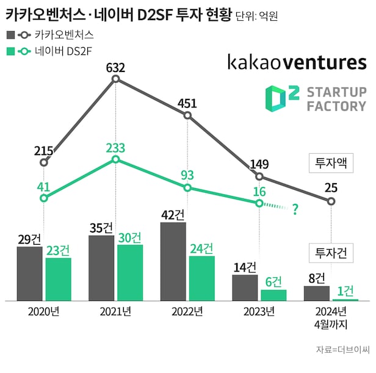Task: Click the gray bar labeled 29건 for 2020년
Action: pos(30,273)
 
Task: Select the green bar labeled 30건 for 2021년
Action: pos(130,272)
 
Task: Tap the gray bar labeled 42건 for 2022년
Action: pos(173,261)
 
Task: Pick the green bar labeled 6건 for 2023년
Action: pos(273,295)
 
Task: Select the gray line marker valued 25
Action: pos(331,201)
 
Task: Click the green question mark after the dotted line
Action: pos(295,211)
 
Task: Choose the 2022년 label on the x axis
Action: pos(187,311)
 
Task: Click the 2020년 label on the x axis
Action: pos(43,311)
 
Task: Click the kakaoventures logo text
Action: pos(297,62)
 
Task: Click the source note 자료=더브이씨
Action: pos(342,350)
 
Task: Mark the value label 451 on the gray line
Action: pos(187,103)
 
